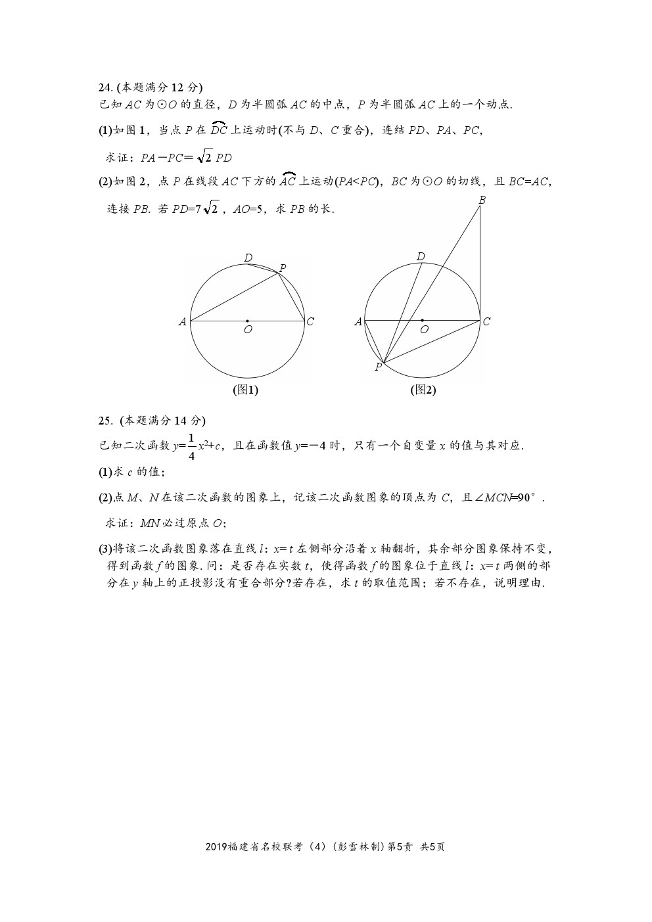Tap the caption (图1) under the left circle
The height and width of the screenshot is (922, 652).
pyautogui.click(x=246, y=390)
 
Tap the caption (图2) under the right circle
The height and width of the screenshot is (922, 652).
pyautogui.click(x=423, y=390)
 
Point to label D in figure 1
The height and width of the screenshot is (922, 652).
pyautogui.click(x=248, y=258)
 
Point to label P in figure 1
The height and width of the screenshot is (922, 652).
pyautogui.click(x=283, y=267)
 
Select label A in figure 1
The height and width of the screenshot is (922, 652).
pyautogui.click(x=182, y=322)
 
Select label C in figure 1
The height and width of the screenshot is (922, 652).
pyautogui.click(x=310, y=321)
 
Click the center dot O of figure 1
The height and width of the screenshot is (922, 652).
pyautogui.click(x=247, y=321)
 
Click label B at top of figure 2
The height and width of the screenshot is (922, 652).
pyautogui.click(x=482, y=200)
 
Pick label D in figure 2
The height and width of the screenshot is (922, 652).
pyautogui.click(x=421, y=256)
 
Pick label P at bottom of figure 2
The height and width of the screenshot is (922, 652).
pyautogui.click(x=379, y=367)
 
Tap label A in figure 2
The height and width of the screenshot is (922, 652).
pyautogui.click(x=358, y=322)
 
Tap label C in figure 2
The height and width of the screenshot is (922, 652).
pyautogui.click(x=486, y=321)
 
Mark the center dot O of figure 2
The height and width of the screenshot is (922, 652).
pyautogui.click(x=422, y=321)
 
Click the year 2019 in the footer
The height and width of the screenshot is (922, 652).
pyautogui.click(x=216, y=847)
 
